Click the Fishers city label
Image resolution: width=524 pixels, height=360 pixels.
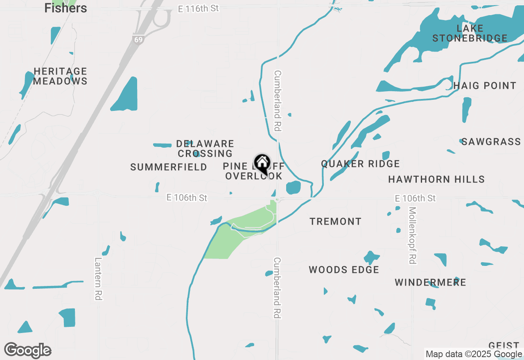click(65, 8)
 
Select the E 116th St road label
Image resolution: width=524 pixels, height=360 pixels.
click(199, 9)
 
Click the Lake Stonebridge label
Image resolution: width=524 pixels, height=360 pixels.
click(470, 34)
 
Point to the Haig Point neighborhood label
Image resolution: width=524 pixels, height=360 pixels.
click(485, 86)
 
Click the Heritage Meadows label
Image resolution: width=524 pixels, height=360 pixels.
click(60, 76)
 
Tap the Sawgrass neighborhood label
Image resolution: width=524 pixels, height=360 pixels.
click(491, 142)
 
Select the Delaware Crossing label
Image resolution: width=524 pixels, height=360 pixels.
click(205, 148)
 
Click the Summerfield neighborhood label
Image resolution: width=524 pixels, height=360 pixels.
click(169, 167)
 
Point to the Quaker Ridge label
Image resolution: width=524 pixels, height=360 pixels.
click(360, 164)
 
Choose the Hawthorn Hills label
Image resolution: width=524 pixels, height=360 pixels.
click(436, 179)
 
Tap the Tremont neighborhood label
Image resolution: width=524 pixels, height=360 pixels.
click(335, 222)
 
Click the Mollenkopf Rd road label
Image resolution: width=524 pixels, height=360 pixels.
click(412, 235)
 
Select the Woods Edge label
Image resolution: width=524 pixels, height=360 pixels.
click(344, 270)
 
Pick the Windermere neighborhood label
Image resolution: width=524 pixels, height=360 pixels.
click(430, 283)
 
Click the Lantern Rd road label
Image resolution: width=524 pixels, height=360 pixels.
click(98, 279)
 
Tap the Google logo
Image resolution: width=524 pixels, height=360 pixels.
click(27, 350)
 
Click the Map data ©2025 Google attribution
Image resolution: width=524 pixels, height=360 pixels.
click(474, 354)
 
